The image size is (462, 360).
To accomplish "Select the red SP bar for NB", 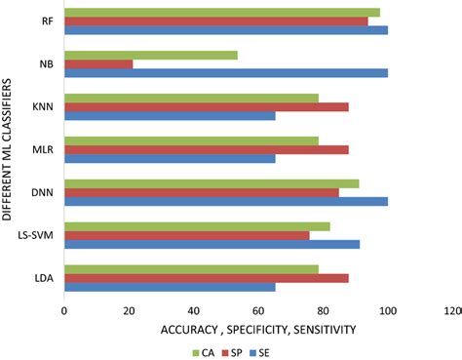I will pos(98,63).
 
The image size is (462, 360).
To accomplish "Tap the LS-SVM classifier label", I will pos(37,235).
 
